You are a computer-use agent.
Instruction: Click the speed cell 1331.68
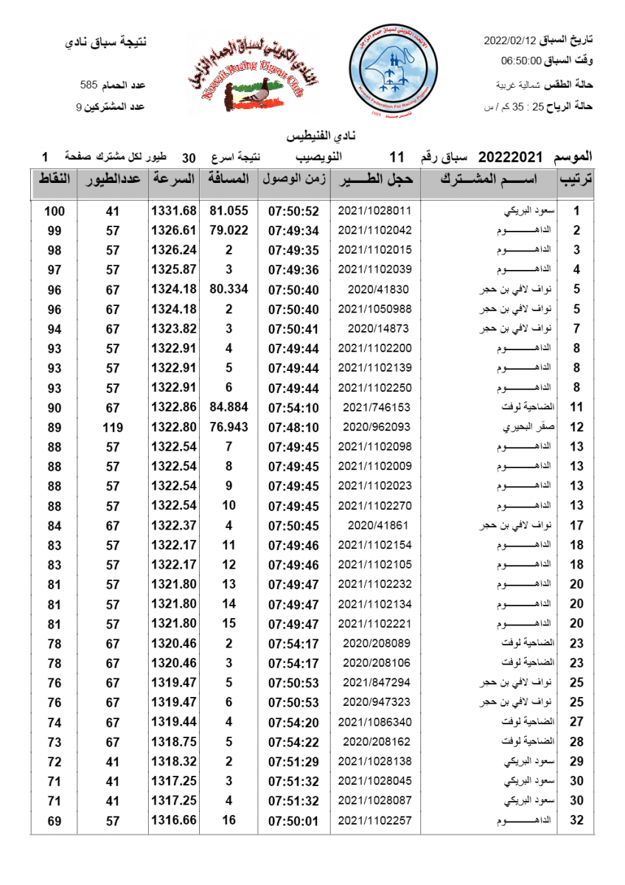tap(174, 211)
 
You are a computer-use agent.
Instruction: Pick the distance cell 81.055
tap(228, 211)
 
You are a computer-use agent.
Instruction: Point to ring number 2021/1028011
tap(374, 211)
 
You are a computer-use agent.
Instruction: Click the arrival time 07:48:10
tap(293, 427)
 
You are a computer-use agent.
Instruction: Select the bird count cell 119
tap(112, 427)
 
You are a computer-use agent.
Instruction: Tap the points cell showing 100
tap(55, 211)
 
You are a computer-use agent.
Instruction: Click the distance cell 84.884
tap(228, 407)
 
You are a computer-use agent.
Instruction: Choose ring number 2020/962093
tap(374, 427)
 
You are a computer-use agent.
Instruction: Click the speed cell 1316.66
tap(174, 820)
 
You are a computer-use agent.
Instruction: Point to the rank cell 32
tap(576, 820)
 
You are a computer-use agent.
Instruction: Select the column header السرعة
tap(175, 179)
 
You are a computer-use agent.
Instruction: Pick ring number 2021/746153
tap(374, 407)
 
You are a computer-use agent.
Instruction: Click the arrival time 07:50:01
tap(293, 820)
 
